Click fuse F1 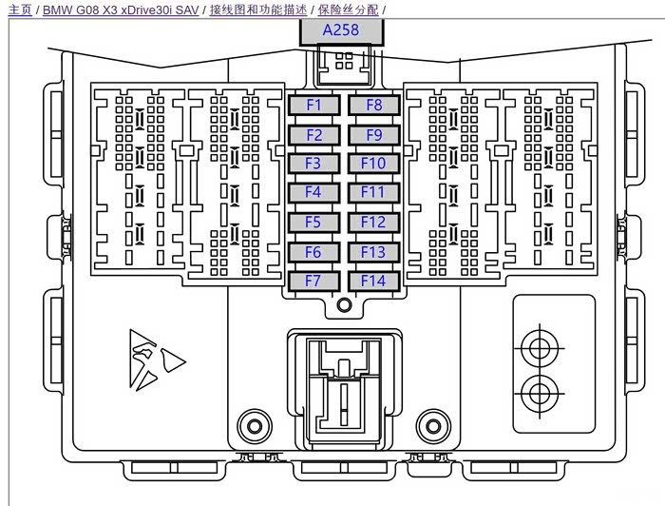pyautogui.click(x=313, y=106)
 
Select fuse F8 pyautogui.click(x=373, y=106)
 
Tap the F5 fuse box pyautogui.click(x=313, y=223)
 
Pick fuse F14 pyautogui.click(x=373, y=282)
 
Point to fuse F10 pyautogui.click(x=373, y=164)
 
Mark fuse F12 pyautogui.click(x=373, y=223)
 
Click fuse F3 pyautogui.click(x=313, y=164)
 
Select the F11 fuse pyautogui.click(x=373, y=193)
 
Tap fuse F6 pyautogui.click(x=313, y=252)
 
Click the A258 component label pyautogui.click(x=341, y=30)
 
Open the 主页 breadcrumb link pyautogui.click(x=19, y=10)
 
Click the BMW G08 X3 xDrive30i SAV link pyautogui.click(x=121, y=10)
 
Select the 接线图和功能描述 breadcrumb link pyautogui.click(x=257, y=10)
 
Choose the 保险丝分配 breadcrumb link pyautogui.click(x=348, y=10)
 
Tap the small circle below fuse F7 pyautogui.click(x=344, y=305)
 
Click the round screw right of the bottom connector pyautogui.click(x=432, y=424)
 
